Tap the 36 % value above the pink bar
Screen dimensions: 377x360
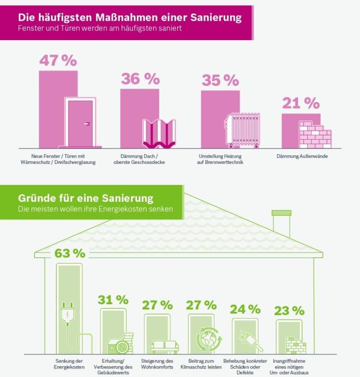[x=139, y=79]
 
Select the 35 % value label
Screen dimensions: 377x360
[x=220, y=81]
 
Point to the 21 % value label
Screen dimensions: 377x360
[x=300, y=103]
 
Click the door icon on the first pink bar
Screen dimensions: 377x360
[x=83, y=123]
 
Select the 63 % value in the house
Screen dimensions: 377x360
[x=69, y=253]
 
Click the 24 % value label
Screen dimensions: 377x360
[x=245, y=309]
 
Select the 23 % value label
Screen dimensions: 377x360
[x=290, y=311]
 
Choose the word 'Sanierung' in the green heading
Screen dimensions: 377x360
[x=127, y=198]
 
